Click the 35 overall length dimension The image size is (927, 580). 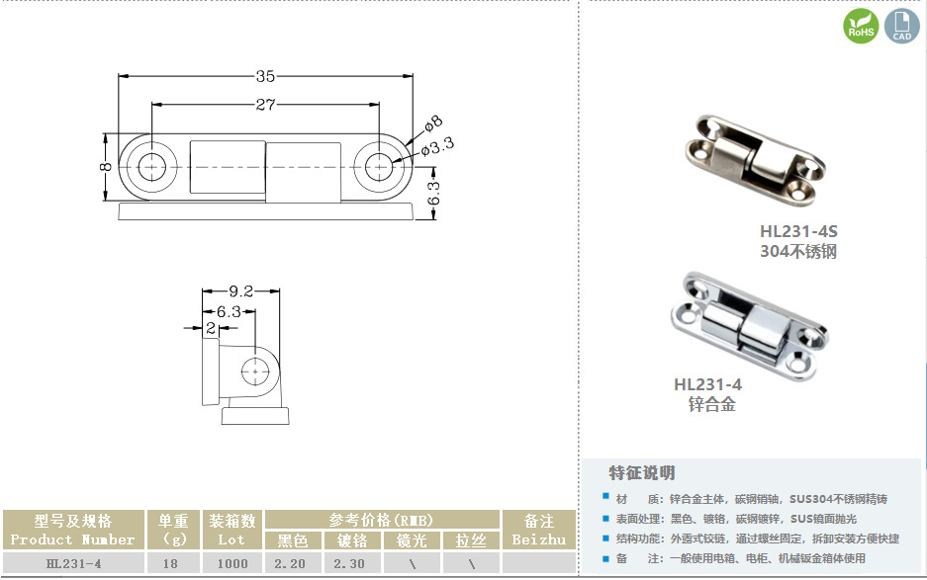click(x=265, y=76)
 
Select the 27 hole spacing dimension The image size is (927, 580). click(x=265, y=105)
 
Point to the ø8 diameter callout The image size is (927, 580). click(x=433, y=124)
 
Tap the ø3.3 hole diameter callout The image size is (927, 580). click(x=437, y=146)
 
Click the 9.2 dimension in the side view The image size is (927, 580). click(x=240, y=291)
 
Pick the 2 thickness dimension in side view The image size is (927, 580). click(x=211, y=328)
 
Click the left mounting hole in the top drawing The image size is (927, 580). click(x=152, y=167)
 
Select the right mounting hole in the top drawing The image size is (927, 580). click(x=379, y=167)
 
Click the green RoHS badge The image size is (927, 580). click(x=861, y=26)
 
